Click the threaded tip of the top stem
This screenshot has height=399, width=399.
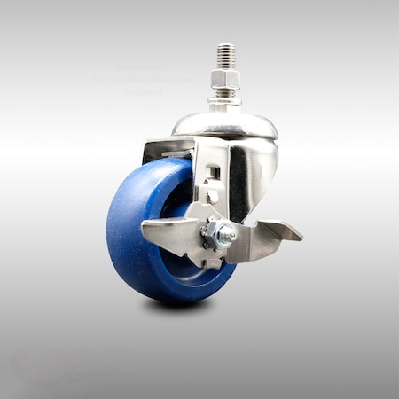224,53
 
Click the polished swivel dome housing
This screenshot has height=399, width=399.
225,124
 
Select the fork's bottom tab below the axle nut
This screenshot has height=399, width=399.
213,260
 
